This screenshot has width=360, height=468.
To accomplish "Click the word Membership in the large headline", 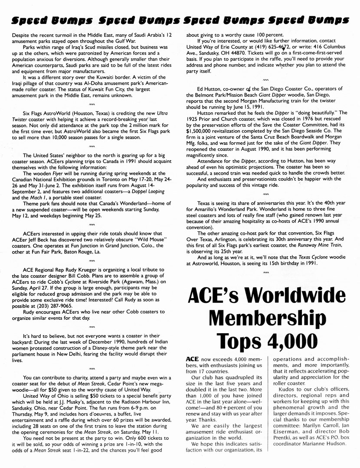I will (268, 319).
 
